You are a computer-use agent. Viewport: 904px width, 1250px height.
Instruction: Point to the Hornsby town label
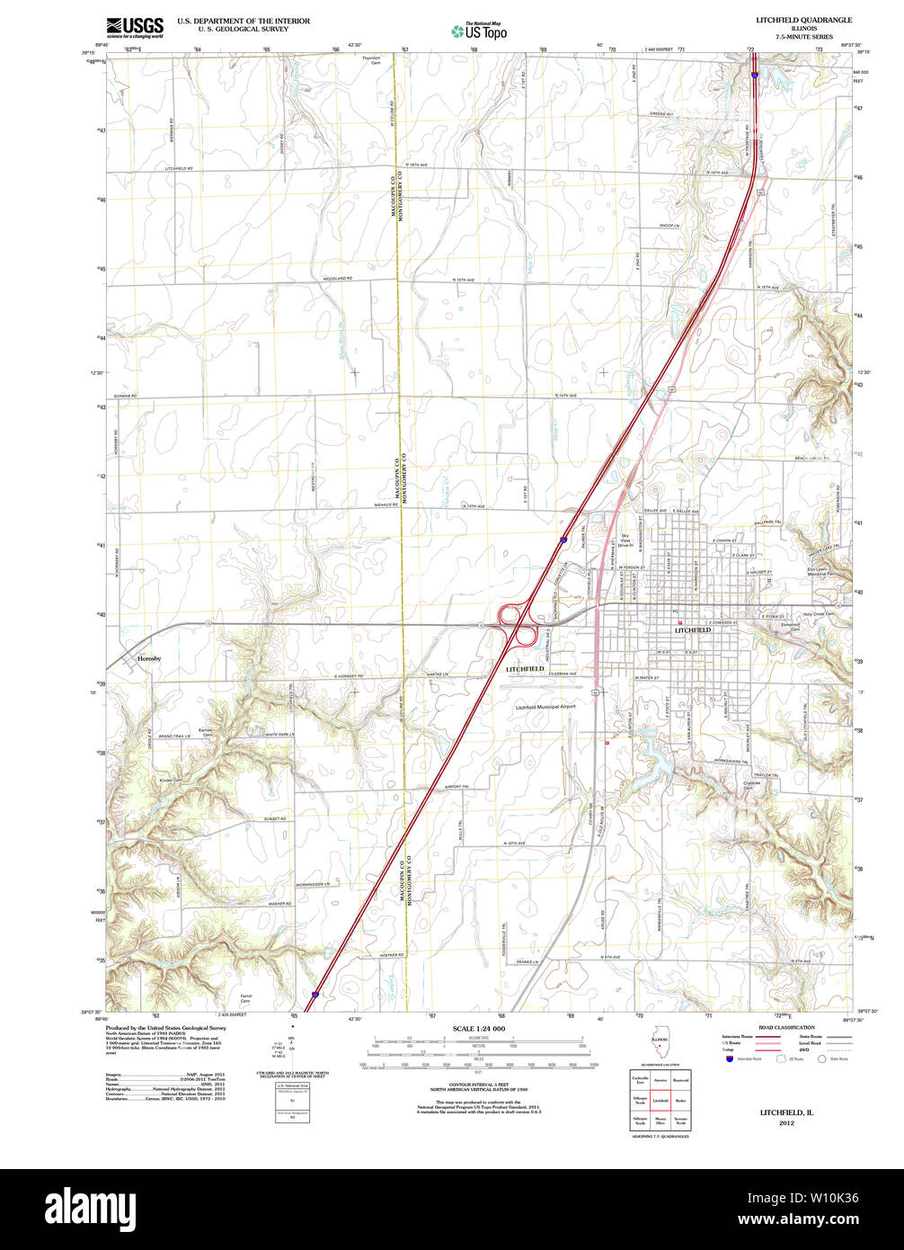pyautogui.click(x=149, y=659)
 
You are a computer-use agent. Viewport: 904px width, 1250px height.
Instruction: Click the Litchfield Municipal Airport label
pyautogui.click(x=545, y=707)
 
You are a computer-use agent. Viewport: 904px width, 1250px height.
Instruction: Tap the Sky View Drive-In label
pyautogui.click(x=625, y=541)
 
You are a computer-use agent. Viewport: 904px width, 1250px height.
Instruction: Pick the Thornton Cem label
pyautogui.click(x=371, y=60)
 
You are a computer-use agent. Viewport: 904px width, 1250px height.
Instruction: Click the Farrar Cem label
pyautogui.click(x=247, y=997)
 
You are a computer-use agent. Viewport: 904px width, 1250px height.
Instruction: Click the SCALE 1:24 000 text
pyautogui.click(x=479, y=1028)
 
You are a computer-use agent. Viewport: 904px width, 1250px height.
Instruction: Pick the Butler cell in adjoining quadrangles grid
pyautogui.click(x=681, y=1100)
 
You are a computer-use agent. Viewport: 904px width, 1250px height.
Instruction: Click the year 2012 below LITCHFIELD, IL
pyautogui.click(x=786, y=1123)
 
